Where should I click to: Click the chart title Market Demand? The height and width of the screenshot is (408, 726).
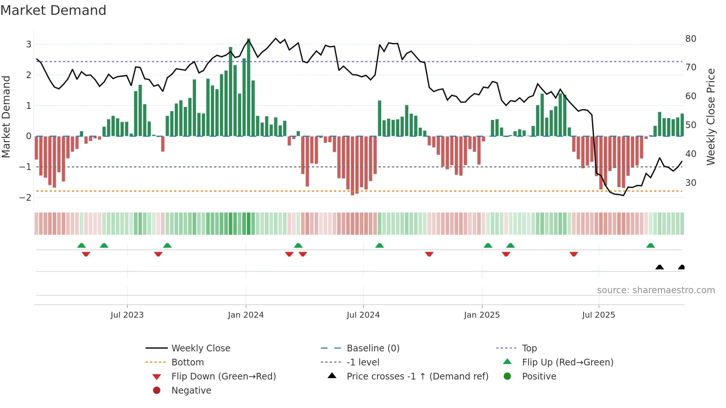(53, 10)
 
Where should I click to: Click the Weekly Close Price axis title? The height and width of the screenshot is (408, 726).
(710, 117)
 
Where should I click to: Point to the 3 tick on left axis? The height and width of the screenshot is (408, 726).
(29, 44)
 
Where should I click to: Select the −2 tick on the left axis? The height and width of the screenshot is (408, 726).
(25, 197)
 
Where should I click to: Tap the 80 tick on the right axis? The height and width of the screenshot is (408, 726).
(690, 39)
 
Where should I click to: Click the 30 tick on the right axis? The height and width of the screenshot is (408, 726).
(690, 183)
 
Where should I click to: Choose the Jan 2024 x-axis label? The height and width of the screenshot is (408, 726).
(246, 315)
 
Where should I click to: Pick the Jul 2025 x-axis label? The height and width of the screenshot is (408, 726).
(598, 315)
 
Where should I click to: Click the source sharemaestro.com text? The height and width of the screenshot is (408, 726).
(656, 290)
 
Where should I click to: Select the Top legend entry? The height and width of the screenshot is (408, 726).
(529, 348)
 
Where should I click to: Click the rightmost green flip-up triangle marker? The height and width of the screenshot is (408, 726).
(650, 245)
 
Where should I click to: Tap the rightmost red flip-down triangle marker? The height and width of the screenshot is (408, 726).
(574, 254)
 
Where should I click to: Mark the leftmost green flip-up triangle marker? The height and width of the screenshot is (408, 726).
(81, 245)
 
